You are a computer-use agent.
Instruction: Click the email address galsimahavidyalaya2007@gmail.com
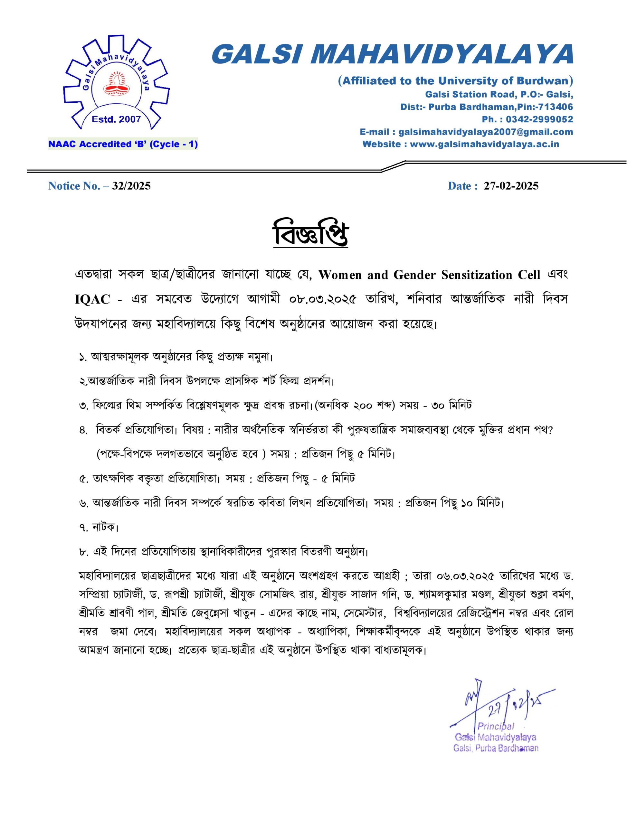(486, 132)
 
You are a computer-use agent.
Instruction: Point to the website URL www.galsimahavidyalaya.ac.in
(484, 144)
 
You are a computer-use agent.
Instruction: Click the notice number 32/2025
(131, 186)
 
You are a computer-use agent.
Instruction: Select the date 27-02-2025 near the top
(511, 186)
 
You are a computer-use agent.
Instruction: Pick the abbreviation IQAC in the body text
(92, 299)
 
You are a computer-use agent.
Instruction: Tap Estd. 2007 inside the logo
(116, 119)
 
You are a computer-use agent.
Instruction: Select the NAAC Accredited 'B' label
(123, 144)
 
